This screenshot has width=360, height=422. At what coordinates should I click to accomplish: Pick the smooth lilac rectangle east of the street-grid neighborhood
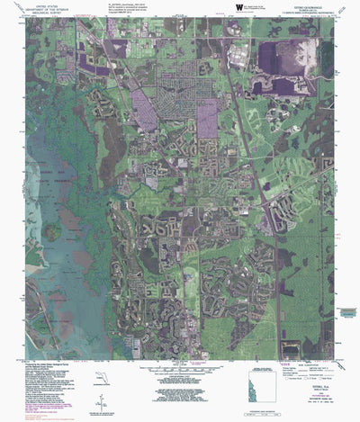pyautogui.click(x=207, y=117)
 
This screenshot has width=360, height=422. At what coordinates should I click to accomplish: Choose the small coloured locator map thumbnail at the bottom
pyautogui.click(x=261, y=396)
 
